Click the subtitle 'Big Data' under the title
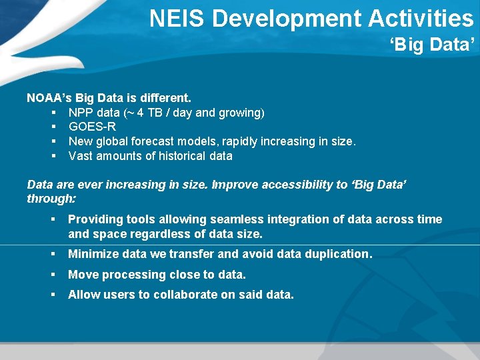pos(433,45)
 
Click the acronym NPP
pos(80,113)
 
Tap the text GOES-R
pos(92,127)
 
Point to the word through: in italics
pos(51,199)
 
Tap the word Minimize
pos(93,254)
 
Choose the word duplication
pos(339,254)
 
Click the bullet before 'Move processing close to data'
pos(52,275)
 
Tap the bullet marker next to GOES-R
pos(52,127)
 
